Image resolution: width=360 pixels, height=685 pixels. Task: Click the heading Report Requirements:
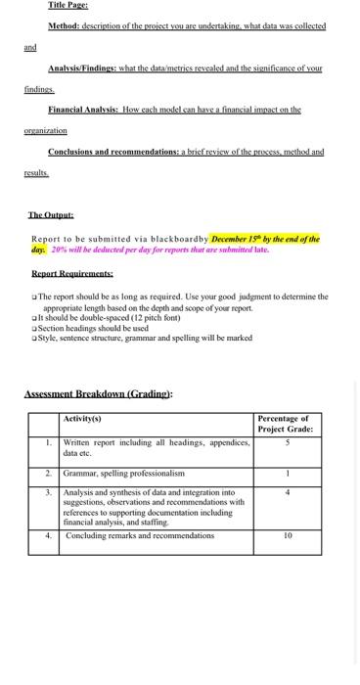click(71, 276)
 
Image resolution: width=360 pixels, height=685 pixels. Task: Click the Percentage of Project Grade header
click(284, 424)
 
